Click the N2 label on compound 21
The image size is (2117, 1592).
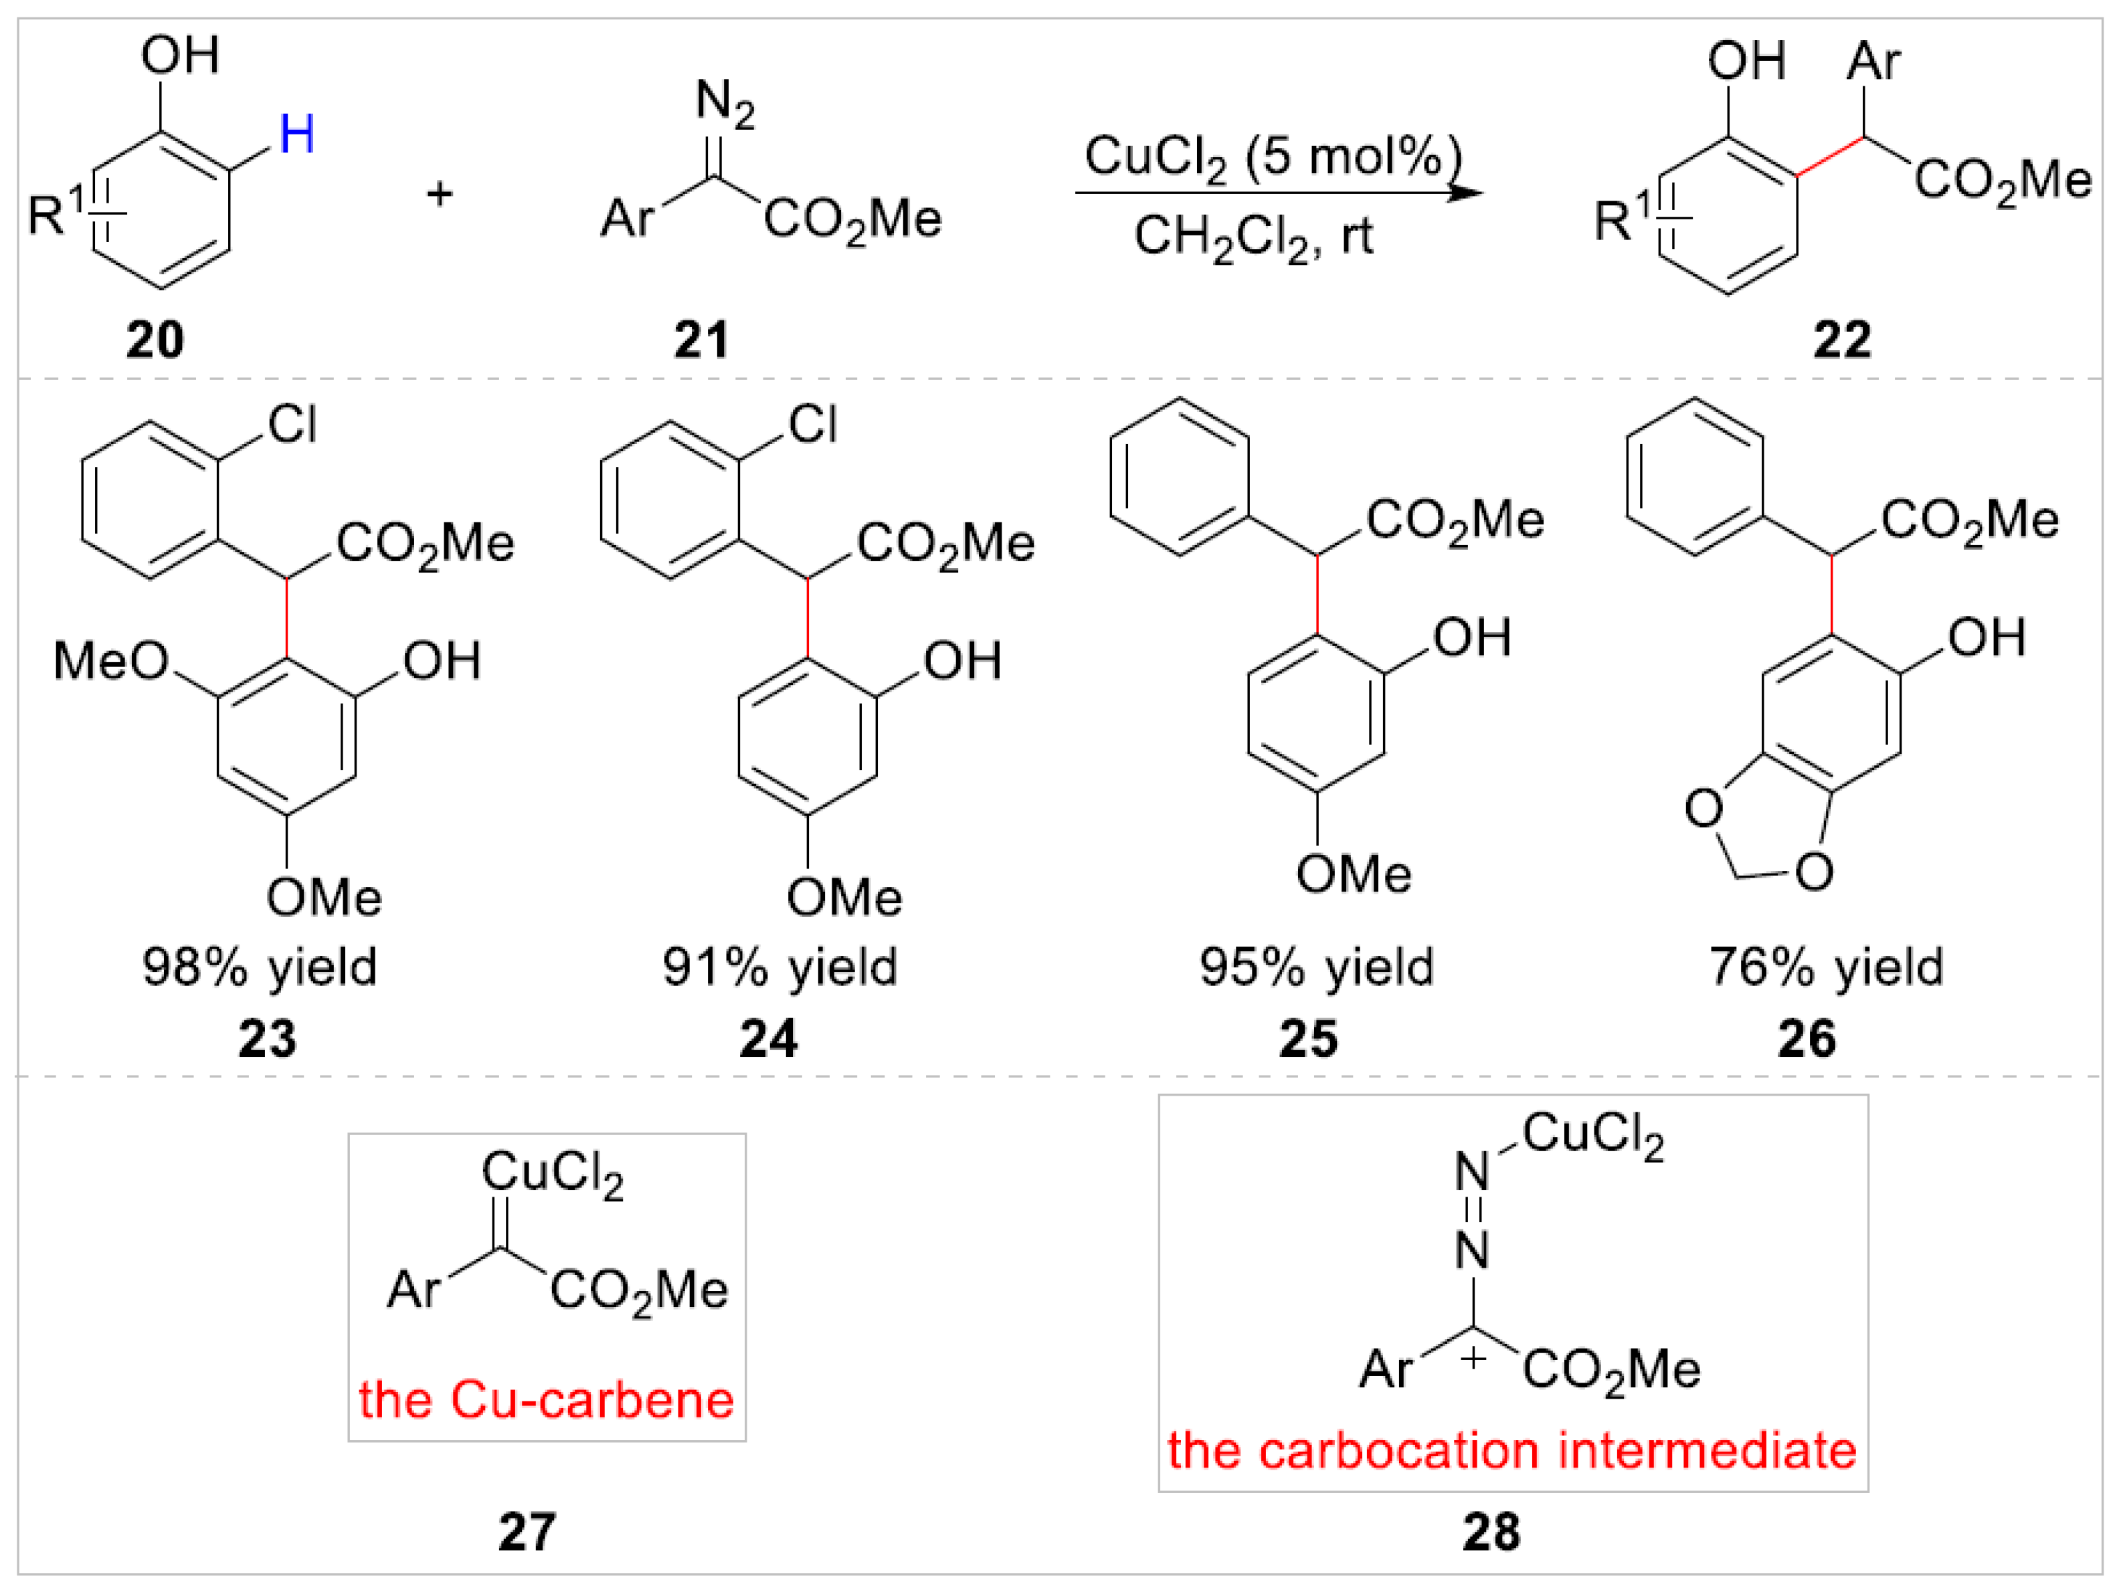(x=725, y=102)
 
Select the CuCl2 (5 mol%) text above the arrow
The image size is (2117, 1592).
(x=1273, y=156)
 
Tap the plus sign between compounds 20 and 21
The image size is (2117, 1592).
(x=440, y=194)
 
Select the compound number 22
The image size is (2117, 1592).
(x=1841, y=340)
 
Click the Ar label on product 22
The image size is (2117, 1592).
(x=1873, y=62)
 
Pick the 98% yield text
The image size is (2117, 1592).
(x=260, y=967)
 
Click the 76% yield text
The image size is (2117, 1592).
(x=1826, y=967)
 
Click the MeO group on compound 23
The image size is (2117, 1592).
(x=110, y=661)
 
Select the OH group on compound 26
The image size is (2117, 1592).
(x=1987, y=637)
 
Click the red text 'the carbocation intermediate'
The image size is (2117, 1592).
(x=1512, y=1450)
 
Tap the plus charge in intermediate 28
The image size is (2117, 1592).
(x=1474, y=1357)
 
